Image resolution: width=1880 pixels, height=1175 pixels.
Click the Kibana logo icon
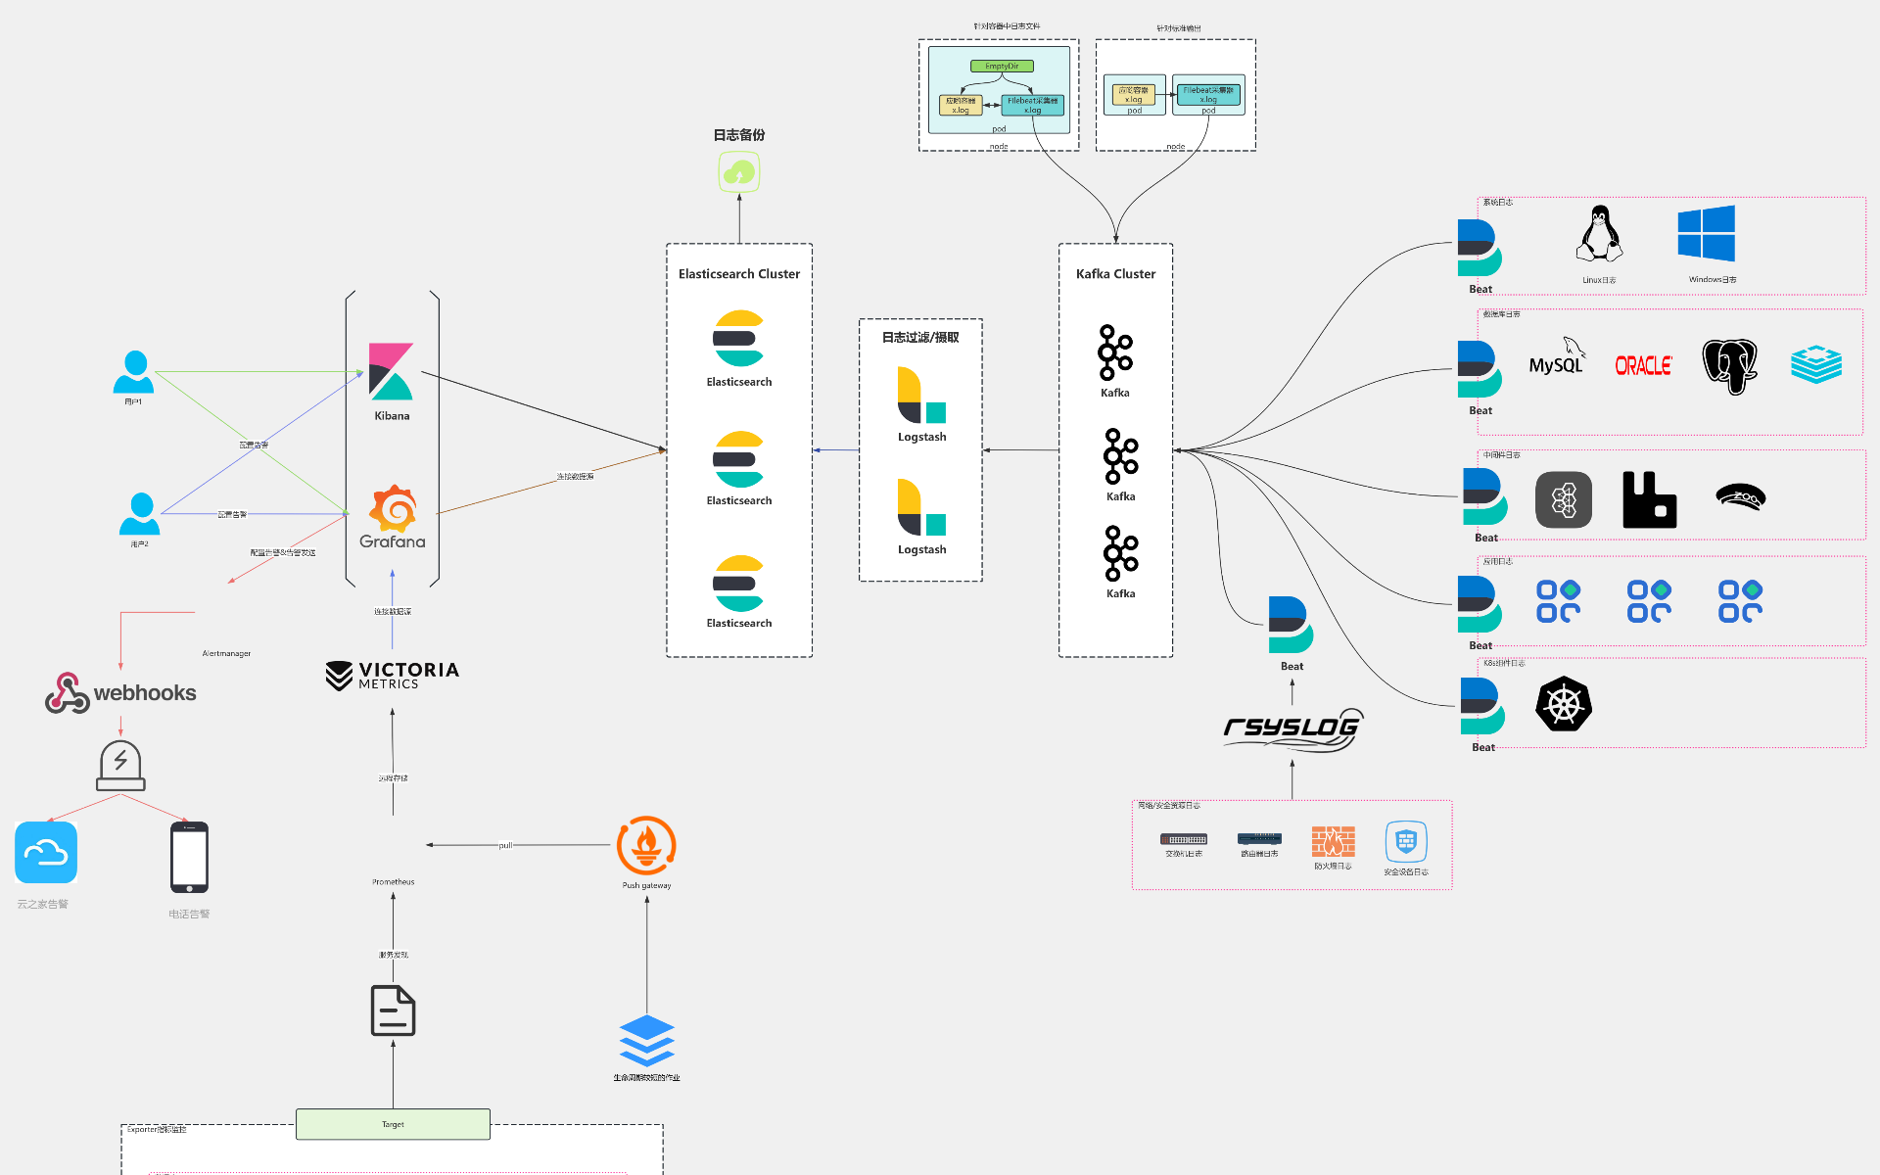[391, 371]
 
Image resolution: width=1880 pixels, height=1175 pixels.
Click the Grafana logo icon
[393, 509]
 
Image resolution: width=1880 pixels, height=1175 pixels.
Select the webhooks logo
[120, 692]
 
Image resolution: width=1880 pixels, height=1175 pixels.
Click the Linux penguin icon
[1599, 234]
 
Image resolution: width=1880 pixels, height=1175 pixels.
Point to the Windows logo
[1706, 233]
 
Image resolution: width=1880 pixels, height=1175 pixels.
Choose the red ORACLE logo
[1643, 366]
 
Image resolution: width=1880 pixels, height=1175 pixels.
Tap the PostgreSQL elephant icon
[1729, 366]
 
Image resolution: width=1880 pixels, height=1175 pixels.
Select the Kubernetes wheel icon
[1564, 704]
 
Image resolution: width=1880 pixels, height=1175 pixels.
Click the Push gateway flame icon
[646, 845]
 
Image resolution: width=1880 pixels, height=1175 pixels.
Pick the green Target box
[393, 1124]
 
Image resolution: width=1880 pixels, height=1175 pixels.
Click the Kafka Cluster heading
[1115, 274]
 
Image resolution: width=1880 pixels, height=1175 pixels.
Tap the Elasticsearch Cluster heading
[739, 274]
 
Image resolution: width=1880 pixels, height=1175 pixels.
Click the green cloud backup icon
[739, 172]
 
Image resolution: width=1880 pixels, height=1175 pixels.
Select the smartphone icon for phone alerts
[189, 857]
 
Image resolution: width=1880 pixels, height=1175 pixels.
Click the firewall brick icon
[1333, 841]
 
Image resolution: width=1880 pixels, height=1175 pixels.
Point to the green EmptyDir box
[1002, 67]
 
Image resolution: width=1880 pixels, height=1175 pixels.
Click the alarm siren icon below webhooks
[120, 766]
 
